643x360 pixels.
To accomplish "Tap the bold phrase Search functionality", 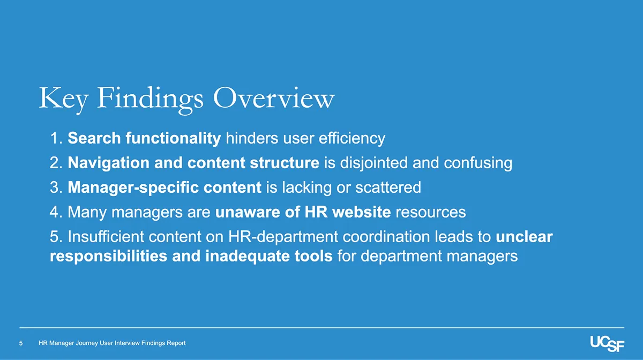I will click(145, 139).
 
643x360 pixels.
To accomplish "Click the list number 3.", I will click(55, 188).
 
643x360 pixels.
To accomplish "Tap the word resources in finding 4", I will click(430, 213).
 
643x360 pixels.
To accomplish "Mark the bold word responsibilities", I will click(109, 257).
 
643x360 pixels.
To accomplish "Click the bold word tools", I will click(313, 257).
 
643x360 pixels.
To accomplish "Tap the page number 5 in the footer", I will click(21, 343).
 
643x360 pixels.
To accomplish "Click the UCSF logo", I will click(607, 343).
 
